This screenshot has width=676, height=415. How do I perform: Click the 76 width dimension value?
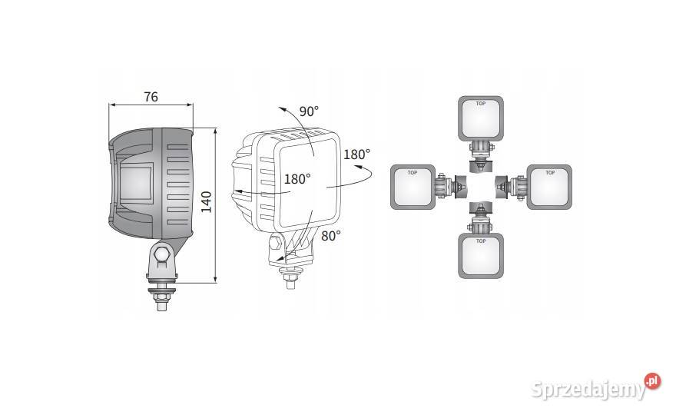click(x=151, y=97)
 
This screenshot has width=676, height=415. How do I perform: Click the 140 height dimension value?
click(x=207, y=202)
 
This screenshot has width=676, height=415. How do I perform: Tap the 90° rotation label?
click(x=309, y=111)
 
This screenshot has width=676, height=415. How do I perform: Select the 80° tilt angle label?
click(x=330, y=235)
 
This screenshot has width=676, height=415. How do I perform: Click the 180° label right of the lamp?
click(x=356, y=154)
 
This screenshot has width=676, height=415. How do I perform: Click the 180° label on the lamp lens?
click(x=297, y=178)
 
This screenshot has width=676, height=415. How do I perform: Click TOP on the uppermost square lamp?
click(x=481, y=104)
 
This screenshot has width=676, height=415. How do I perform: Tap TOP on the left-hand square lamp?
click(x=413, y=173)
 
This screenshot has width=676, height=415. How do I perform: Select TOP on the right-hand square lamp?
click(x=550, y=173)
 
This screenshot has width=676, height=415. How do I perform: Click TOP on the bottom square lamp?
click(x=481, y=241)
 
